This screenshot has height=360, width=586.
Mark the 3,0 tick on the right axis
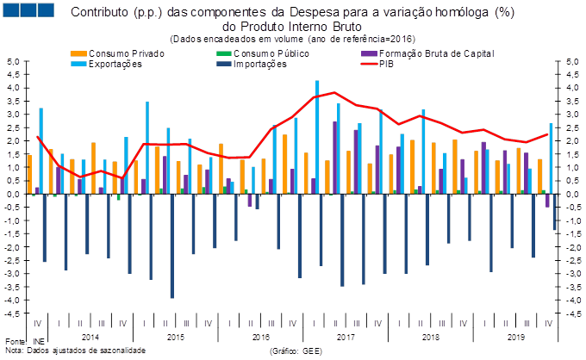click(571, 115)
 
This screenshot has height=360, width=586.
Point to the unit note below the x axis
click(296, 351)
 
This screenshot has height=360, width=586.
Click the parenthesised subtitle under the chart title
click(293, 38)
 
